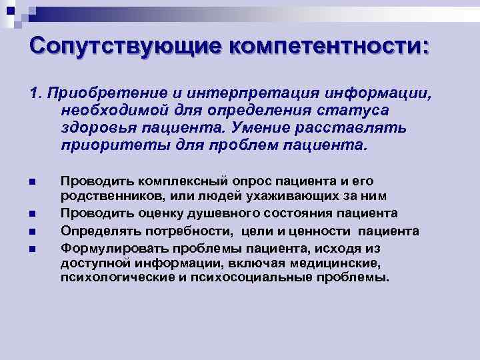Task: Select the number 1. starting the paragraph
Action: pyautogui.click(x=36, y=92)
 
